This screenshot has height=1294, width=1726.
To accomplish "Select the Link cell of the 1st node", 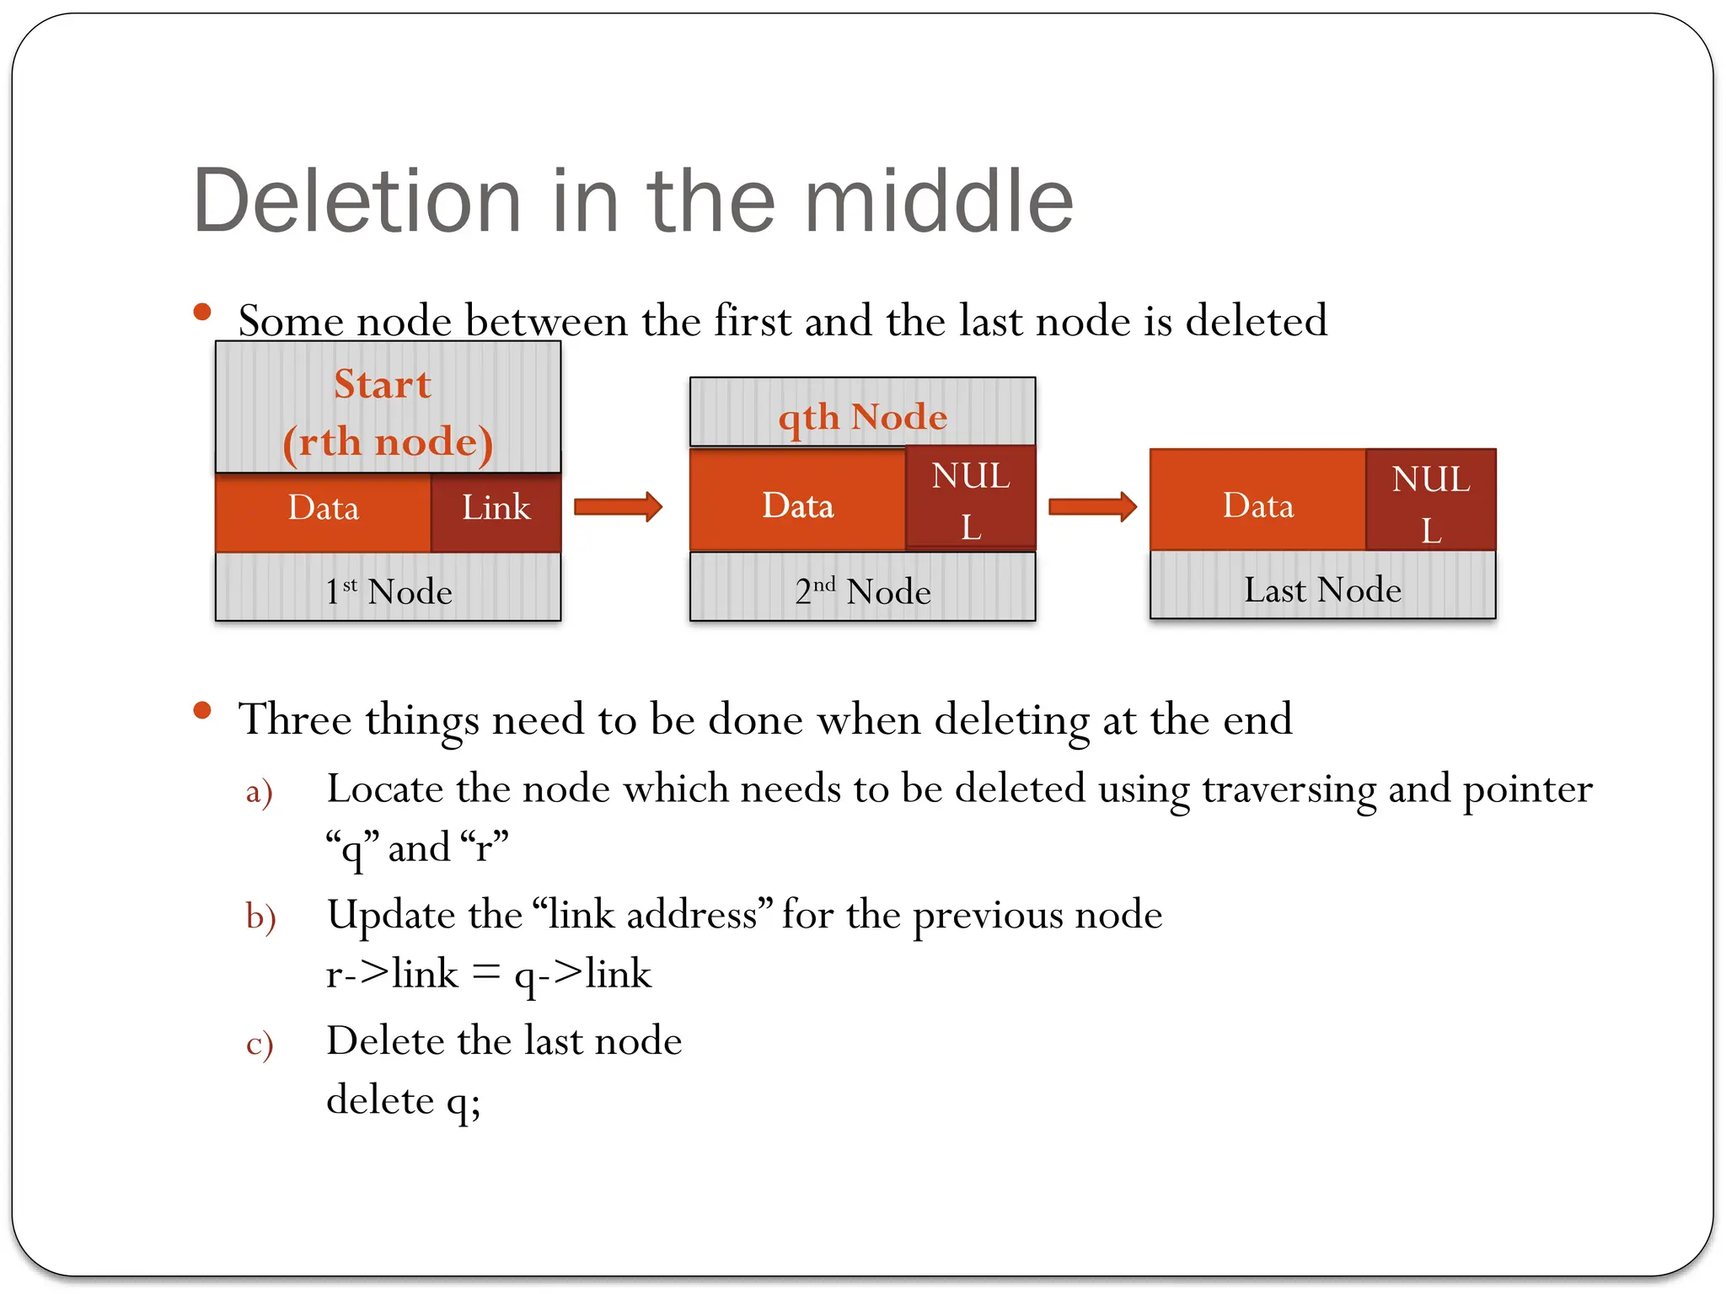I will click(496, 509).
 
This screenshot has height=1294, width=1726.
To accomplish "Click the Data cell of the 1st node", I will click(323, 509).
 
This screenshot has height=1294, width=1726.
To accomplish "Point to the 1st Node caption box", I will click(388, 590).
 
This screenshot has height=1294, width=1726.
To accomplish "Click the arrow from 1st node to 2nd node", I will click(618, 506).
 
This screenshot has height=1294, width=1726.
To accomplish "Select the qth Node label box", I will click(862, 414).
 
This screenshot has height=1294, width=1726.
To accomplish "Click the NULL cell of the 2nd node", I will click(970, 500).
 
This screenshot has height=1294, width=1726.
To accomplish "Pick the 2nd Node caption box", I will click(862, 590).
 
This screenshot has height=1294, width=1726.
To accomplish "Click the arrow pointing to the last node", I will click(1092, 506).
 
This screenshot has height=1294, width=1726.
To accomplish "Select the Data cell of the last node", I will click(1257, 505).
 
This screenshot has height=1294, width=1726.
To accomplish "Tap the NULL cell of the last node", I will click(1430, 503).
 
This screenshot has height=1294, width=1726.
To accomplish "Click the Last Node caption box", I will click(1322, 588).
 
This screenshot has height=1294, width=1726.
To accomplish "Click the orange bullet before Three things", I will click(202, 710).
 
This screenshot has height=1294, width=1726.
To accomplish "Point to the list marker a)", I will click(259, 792).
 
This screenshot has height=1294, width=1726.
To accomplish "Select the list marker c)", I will click(259, 1044).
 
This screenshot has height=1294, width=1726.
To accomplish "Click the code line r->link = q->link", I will click(489, 975).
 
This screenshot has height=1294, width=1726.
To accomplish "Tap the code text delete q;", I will click(403, 1100).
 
